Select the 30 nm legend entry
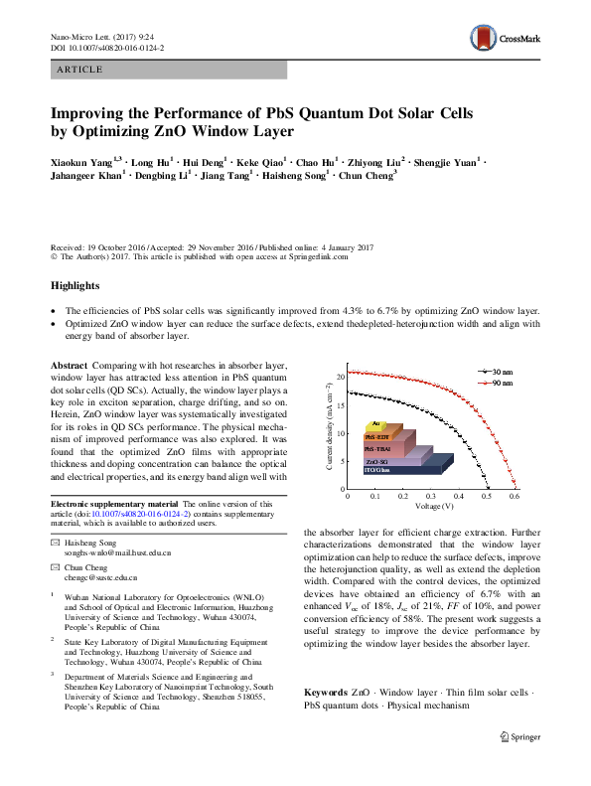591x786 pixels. click(x=501, y=371)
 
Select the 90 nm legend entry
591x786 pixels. click(x=501, y=382)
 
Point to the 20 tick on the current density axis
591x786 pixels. click(x=340, y=378)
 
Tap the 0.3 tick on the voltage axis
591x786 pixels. click(x=431, y=494)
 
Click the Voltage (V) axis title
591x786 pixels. click(x=431, y=505)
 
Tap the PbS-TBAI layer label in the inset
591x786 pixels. click(x=379, y=450)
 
